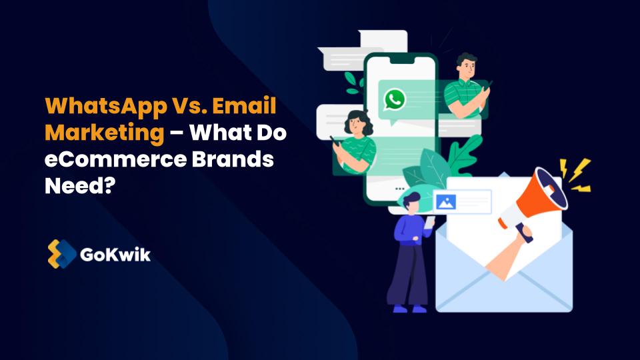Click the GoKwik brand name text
(x=115, y=254)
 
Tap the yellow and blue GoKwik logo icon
(x=61, y=254)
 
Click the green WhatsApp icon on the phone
(x=395, y=100)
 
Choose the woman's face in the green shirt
(x=353, y=125)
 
